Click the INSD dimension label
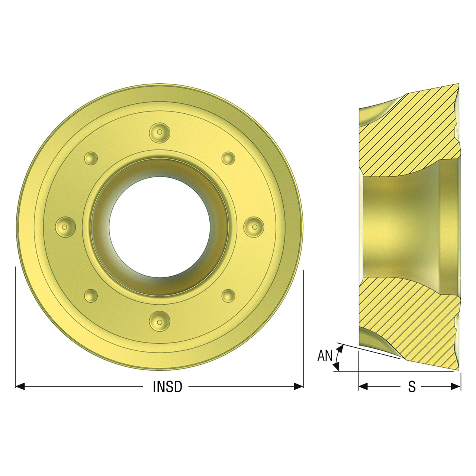[167, 387]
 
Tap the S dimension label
[412, 387]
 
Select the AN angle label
[325, 356]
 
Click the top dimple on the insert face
[160, 132]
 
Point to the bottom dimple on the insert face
[160, 322]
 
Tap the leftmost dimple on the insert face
[65, 227]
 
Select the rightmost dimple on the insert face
[254, 227]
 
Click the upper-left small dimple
[91, 158]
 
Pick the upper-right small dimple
[228, 158]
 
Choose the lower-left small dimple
[91, 295]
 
